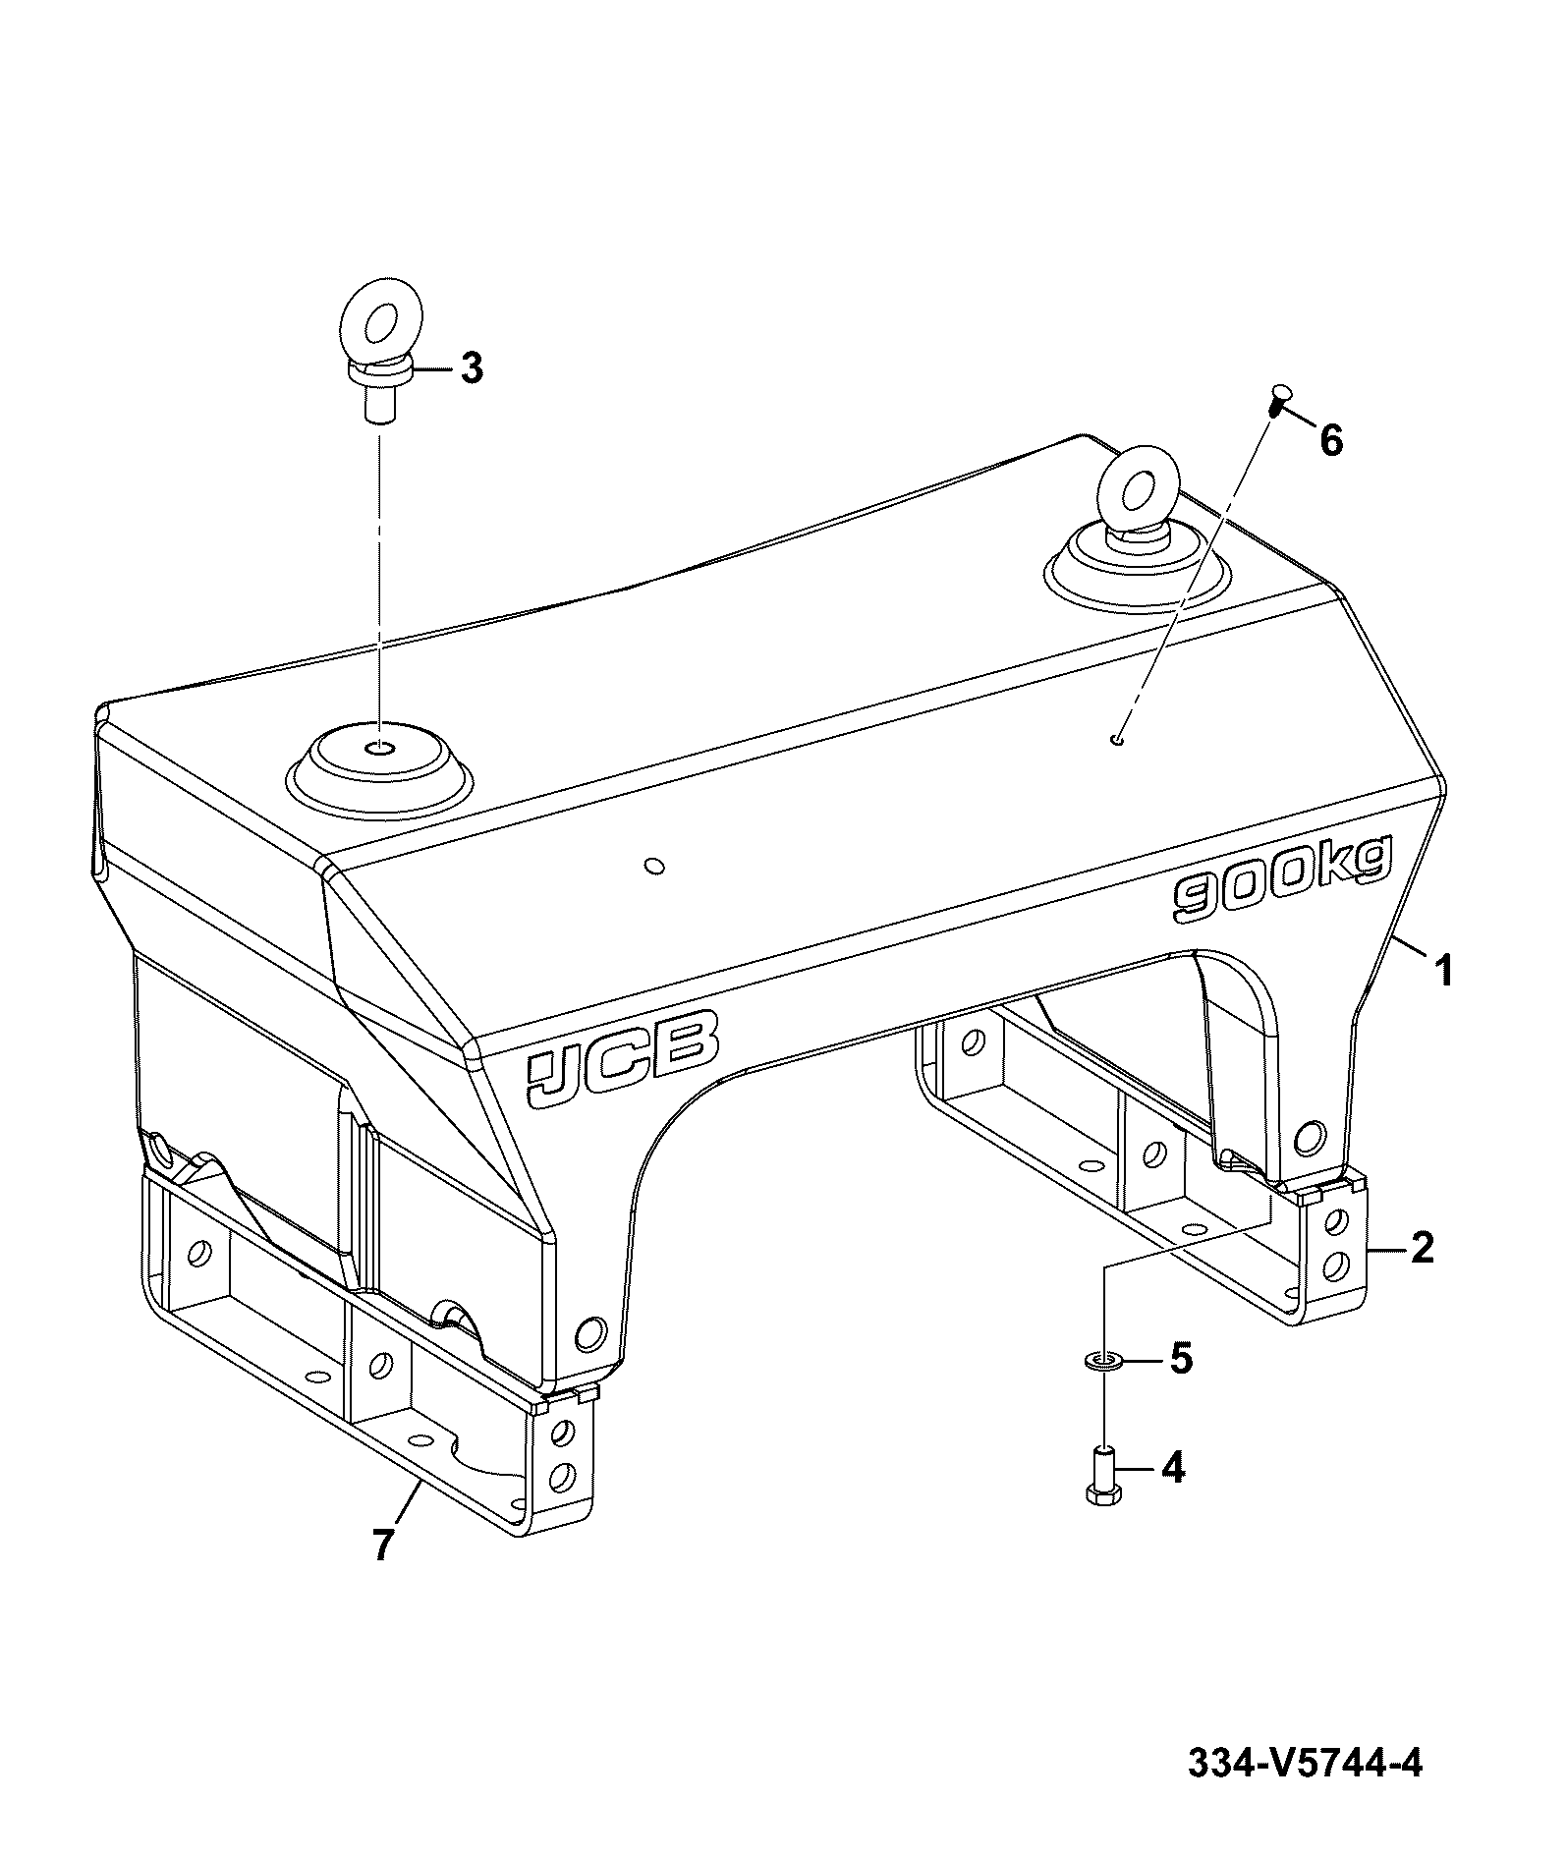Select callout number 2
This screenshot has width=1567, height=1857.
(x=1421, y=1248)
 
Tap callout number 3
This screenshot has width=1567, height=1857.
(x=472, y=368)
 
